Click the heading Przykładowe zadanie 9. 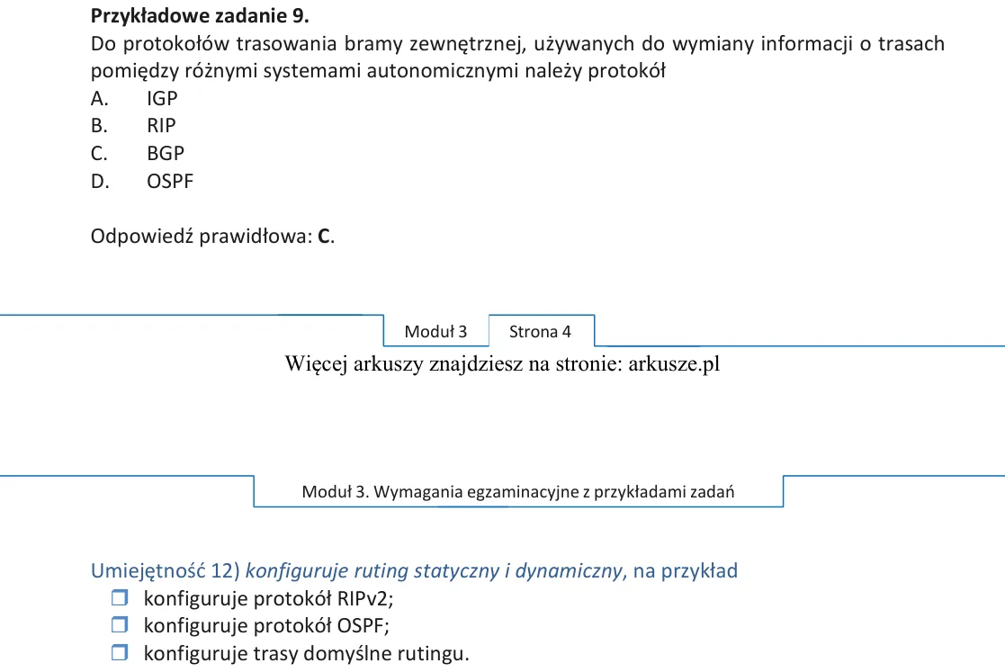pyautogui.click(x=200, y=16)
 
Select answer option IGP pyautogui.click(x=162, y=99)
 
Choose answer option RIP pyautogui.click(x=161, y=126)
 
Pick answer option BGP pyautogui.click(x=166, y=154)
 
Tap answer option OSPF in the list pyautogui.click(x=170, y=182)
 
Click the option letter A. pyautogui.click(x=99, y=99)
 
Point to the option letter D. pyautogui.click(x=100, y=182)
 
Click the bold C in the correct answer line pyautogui.click(x=324, y=237)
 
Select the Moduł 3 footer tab pyautogui.click(x=435, y=331)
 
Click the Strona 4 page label pyautogui.click(x=540, y=331)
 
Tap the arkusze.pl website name pyautogui.click(x=674, y=363)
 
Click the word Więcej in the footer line pyautogui.click(x=315, y=363)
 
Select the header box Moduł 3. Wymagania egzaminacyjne pyautogui.click(x=518, y=491)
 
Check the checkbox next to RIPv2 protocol pyautogui.click(x=120, y=597)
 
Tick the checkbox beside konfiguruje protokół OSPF pyautogui.click(x=120, y=624)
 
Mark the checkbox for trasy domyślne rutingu pyautogui.click(x=120, y=653)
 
